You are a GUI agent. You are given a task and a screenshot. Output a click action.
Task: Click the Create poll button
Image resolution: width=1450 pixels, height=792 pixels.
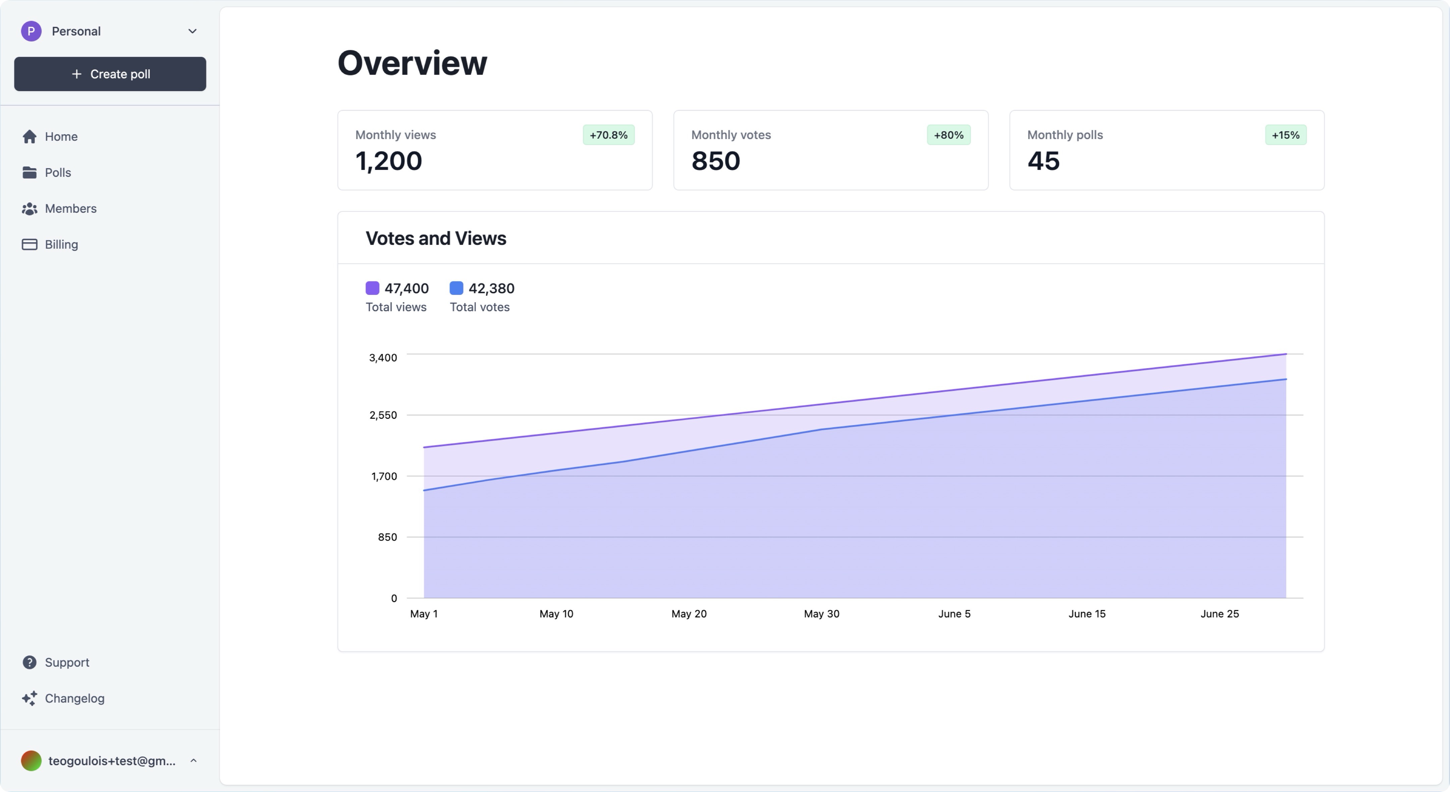point(110,74)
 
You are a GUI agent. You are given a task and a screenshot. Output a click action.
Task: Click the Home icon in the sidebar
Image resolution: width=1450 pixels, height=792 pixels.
point(29,136)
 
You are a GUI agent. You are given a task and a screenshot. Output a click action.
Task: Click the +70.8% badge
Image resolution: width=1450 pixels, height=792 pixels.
point(609,135)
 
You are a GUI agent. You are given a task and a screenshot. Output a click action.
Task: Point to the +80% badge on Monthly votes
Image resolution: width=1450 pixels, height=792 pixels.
point(948,135)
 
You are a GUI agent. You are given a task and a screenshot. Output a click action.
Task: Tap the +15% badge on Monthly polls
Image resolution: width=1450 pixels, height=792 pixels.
point(1286,135)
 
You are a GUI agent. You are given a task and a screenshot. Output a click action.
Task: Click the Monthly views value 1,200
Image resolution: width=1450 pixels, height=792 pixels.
point(388,161)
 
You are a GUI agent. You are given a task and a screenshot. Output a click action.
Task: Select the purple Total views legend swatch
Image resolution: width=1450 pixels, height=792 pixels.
point(373,288)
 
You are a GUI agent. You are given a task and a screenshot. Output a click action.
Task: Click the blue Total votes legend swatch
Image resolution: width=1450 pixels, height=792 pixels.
point(456,288)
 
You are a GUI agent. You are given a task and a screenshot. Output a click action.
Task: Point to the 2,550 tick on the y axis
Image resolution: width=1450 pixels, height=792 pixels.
point(383,415)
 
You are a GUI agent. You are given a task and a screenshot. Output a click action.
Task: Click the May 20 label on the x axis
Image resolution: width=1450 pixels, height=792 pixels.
point(689,614)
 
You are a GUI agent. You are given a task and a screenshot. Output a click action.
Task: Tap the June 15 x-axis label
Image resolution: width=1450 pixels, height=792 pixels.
point(1087,614)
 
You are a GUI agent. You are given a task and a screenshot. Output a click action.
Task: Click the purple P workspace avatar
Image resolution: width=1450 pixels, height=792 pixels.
point(31,31)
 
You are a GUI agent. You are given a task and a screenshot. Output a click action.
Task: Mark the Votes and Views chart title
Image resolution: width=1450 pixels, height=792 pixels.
point(436,239)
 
